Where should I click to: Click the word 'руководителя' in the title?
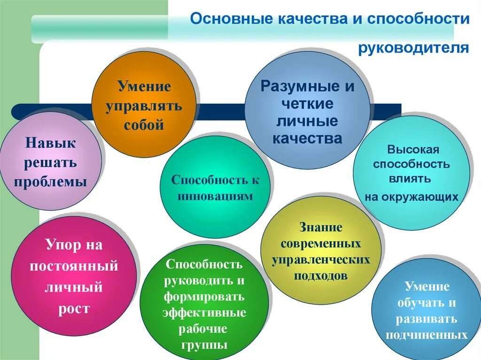413,48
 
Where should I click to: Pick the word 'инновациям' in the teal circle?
215,196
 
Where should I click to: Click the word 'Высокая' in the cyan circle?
413,150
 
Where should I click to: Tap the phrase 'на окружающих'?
411,197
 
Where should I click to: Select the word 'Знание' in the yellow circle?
321,228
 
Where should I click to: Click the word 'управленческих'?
321,260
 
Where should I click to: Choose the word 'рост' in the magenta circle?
73,309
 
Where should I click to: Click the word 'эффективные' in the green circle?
204,313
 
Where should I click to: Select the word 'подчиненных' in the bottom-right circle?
427,335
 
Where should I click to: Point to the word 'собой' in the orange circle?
144,125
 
